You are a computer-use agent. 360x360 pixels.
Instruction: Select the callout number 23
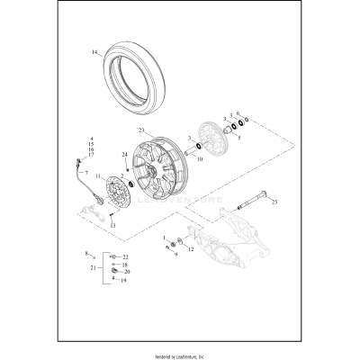[x=141, y=130]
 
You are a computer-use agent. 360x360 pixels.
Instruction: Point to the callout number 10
[x=200, y=161]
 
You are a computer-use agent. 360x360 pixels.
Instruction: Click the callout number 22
[x=126, y=257]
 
